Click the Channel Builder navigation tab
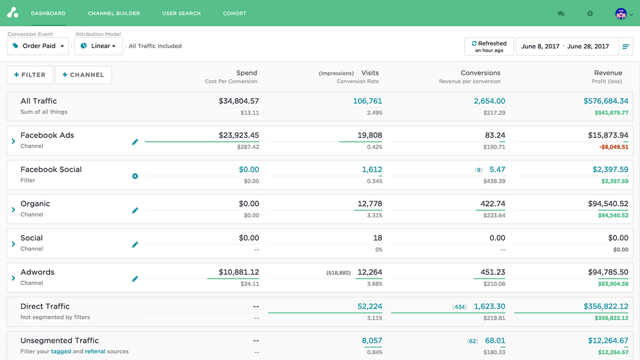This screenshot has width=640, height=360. [114, 13]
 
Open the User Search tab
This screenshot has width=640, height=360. [181, 13]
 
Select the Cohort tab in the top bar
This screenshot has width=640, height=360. [234, 13]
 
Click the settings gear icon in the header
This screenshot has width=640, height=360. [590, 14]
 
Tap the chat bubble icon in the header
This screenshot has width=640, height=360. [561, 14]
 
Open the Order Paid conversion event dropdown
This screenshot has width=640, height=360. [38, 46]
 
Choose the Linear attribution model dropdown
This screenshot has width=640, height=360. [98, 46]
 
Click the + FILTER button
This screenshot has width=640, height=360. [29, 75]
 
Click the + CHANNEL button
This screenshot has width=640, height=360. [83, 75]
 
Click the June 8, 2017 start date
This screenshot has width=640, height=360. [540, 46]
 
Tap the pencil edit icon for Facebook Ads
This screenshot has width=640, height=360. [135, 142]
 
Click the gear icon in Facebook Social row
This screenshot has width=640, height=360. [135, 176]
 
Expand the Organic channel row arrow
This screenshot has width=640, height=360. [13, 209]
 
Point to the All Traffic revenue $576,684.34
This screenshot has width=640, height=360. [605, 101]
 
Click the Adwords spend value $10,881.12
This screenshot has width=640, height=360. [238, 272]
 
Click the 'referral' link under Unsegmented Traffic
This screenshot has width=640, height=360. [95, 351]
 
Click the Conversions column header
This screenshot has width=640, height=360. [480, 73]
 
